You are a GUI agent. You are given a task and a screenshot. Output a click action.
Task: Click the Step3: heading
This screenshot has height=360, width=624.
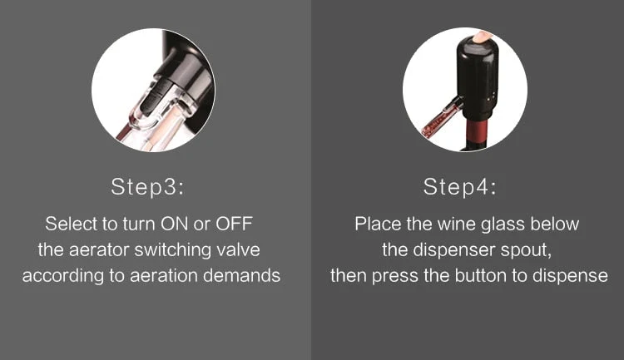coord(147,187)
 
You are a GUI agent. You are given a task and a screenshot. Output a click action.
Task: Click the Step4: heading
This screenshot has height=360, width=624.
coord(460,187)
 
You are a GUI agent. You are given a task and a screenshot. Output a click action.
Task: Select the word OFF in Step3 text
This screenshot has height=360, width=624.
coord(234,224)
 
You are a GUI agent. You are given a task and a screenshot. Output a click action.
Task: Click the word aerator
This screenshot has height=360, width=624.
coord(99,250)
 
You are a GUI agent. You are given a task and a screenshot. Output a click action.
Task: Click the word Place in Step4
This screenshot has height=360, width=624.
coord(378,224)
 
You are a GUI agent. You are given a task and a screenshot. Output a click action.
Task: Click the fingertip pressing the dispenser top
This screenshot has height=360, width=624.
coord(482,37)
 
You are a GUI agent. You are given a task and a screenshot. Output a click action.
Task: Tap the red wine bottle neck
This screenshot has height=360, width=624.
coord(477,134)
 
